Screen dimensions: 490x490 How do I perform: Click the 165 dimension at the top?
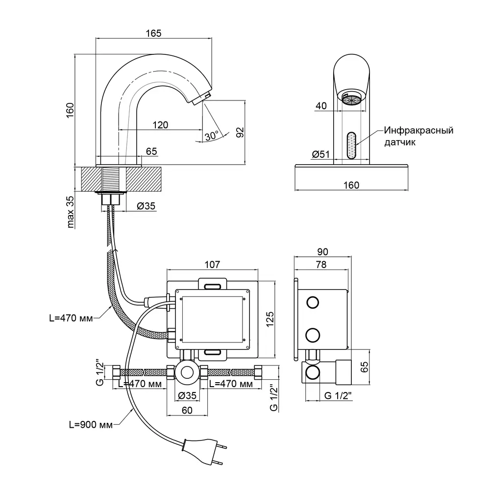tap(154, 33)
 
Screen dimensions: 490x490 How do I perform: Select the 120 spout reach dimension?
tap(160, 124)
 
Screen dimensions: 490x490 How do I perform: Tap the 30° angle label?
tap(212, 136)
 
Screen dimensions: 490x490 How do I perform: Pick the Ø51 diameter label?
tap(319, 154)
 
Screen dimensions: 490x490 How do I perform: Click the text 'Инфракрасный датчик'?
tap(418, 137)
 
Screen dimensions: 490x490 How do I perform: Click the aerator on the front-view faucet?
tap(351, 99)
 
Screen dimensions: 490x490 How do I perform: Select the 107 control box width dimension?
tap(212, 265)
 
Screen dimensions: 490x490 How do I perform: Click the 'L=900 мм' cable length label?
tap(91, 425)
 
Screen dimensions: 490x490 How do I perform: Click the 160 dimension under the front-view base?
tap(351, 185)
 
